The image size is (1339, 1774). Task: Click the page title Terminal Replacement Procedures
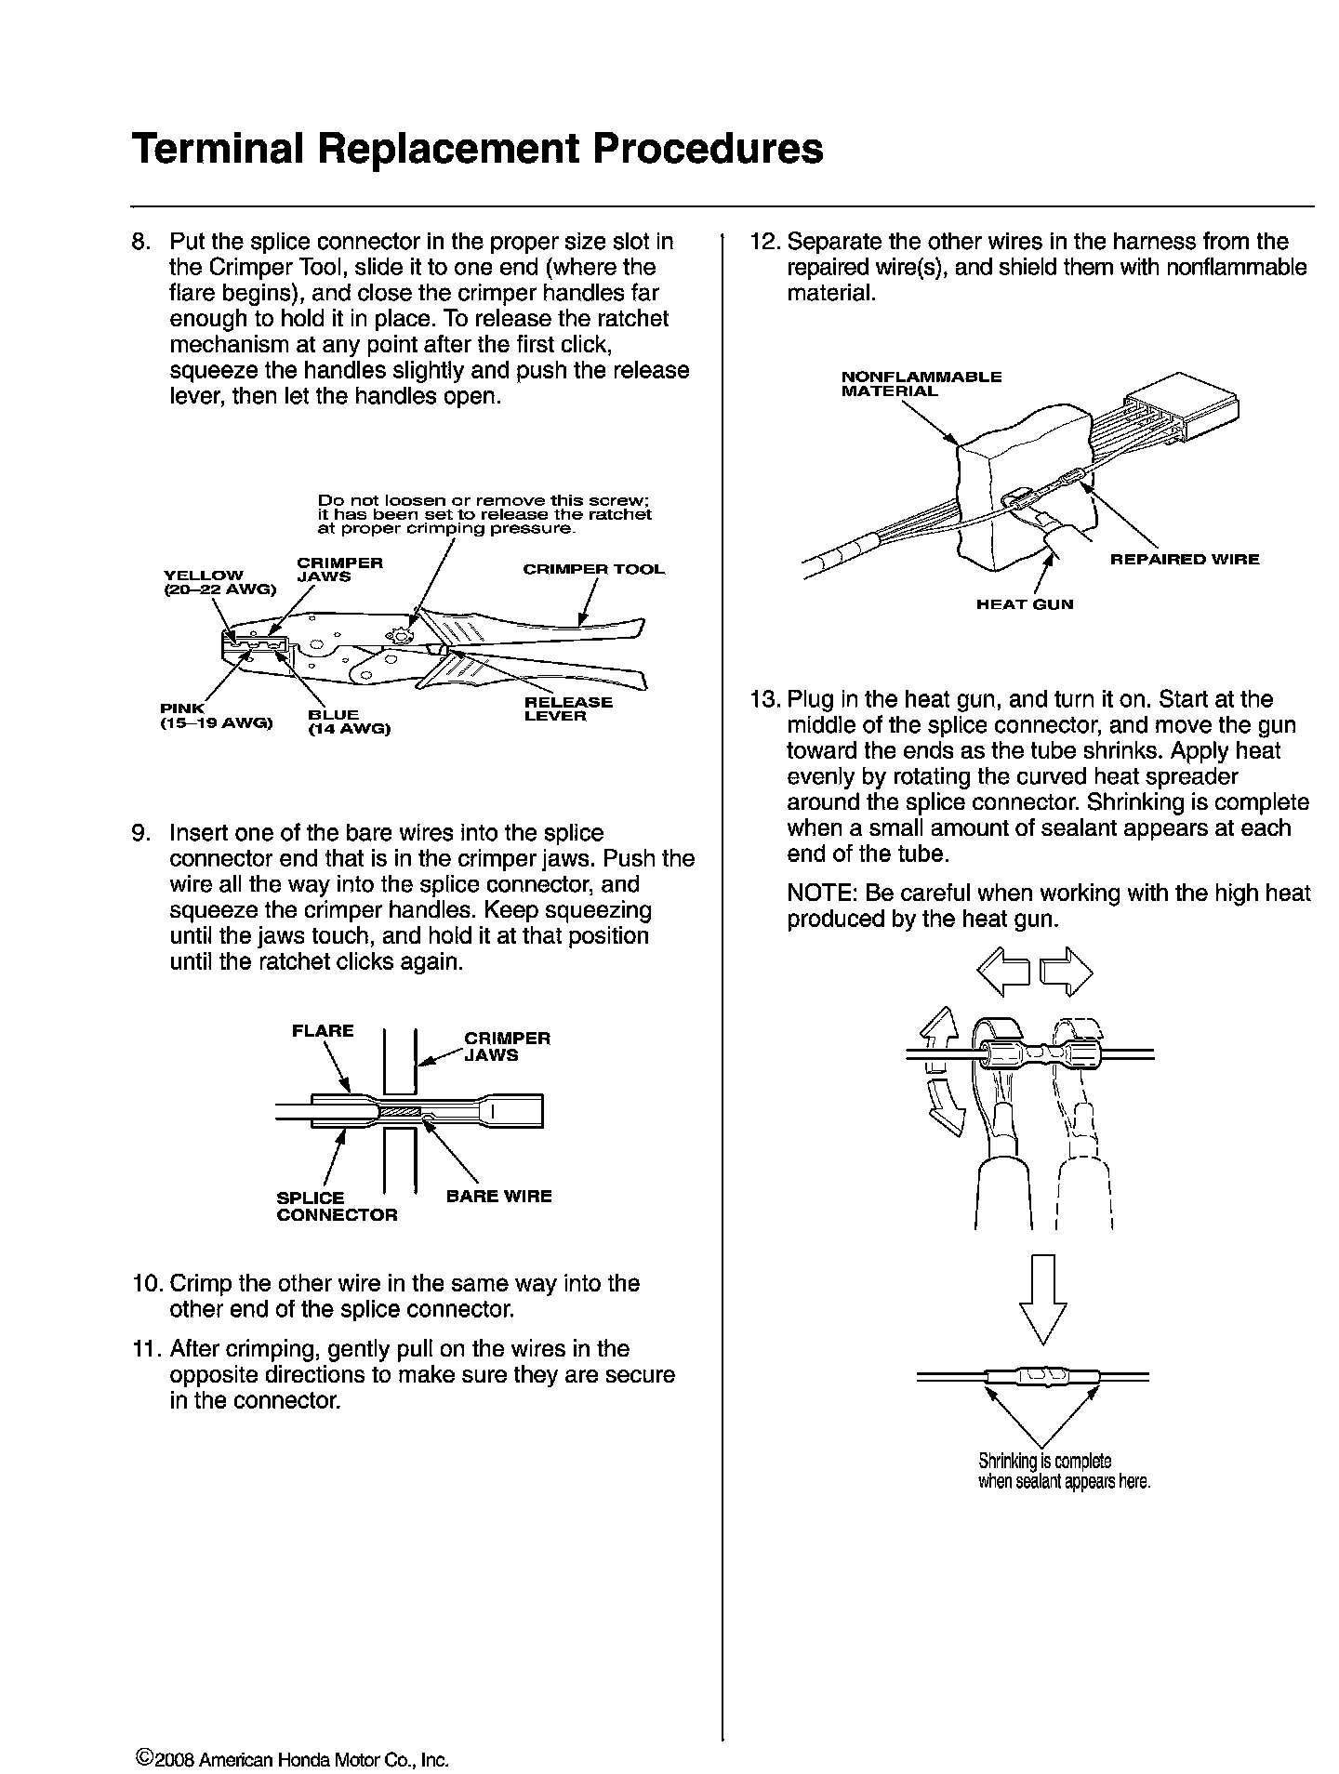[x=477, y=149]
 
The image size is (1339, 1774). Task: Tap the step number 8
[x=141, y=242]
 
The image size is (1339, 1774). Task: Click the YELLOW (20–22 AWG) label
[x=219, y=582]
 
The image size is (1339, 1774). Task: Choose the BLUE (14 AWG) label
[x=349, y=722]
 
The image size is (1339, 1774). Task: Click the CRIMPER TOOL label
[x=593, y=569]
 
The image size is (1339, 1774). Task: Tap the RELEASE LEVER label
[x=568, y=708]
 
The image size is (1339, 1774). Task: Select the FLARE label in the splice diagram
[x=323, y=1030]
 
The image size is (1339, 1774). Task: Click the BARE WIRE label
[x=498, y=1197]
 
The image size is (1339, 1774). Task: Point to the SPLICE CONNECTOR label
[x=337, y=1206]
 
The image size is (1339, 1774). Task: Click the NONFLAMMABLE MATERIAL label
[x=921, y=384]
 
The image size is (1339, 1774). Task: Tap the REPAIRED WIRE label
[x=1185, y=560]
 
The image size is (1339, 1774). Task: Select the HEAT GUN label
[x=1024, y=604]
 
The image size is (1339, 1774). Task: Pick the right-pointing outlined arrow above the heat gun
[x=1066, y=971]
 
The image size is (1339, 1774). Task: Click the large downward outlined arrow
[x=1042, y=1298]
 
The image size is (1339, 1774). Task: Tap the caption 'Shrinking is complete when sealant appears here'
[x=1064, y=1471]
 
